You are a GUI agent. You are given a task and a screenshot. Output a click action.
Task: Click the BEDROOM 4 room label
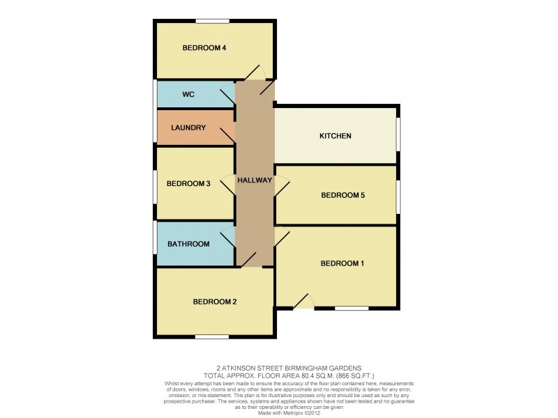[204, 48]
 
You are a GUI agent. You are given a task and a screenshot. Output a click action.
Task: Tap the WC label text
[188, 93]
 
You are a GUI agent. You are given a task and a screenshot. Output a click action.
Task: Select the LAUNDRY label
[188, 127]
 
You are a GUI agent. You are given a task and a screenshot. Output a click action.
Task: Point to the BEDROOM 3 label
[188, 184]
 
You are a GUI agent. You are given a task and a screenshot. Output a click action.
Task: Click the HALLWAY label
[255, 180]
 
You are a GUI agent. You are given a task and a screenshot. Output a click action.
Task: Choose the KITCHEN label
[335, 136]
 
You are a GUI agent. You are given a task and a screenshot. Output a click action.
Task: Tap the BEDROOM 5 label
[342, 196]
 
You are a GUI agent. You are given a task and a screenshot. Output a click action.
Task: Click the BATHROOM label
[188, 244]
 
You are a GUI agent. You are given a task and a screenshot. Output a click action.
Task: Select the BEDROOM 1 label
[342, 263]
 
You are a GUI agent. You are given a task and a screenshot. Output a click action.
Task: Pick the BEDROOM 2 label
[215, 302]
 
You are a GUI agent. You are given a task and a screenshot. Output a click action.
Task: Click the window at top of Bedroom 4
[213, 21]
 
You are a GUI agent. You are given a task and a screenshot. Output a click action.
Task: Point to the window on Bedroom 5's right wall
[399, 196]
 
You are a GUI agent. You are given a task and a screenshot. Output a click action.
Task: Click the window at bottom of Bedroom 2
[212, 337]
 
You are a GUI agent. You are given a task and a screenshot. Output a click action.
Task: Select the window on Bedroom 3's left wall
[155, 186]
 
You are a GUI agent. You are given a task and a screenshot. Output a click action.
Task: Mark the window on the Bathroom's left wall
[155, 238]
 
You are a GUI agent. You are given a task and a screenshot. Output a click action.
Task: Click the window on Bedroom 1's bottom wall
[352, 308]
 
